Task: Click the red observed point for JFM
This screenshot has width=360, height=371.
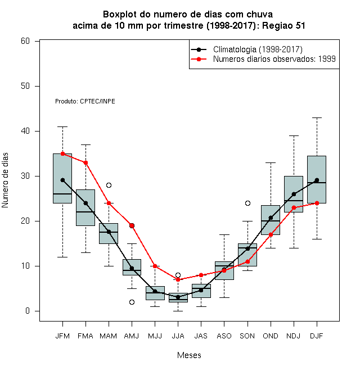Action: point(62,153)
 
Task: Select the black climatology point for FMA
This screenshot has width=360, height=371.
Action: point(85,203)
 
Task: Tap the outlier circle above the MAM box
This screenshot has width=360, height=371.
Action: point(109,185)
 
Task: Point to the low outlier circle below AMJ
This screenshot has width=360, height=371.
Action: point(132,302)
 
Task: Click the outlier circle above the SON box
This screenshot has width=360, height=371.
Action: point(247,203)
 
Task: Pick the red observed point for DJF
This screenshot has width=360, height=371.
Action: point(317,203)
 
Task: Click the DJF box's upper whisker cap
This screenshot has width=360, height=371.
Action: point(317,117)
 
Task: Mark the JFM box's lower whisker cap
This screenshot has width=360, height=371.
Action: point(62,257)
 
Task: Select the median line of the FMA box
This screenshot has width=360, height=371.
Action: point(85,212)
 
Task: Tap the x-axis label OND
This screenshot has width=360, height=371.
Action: point(271,336)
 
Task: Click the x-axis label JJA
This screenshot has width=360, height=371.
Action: point(178,336)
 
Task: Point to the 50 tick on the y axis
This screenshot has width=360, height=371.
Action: point(37,86)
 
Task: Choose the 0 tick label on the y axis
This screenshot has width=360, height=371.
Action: point(28,311)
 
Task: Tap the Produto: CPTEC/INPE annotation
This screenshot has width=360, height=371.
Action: point(85,101)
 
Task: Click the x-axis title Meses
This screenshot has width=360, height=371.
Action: point(189,355)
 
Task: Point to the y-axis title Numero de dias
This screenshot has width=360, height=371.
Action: point(5,180)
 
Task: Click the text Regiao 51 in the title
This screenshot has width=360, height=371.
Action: point(283,25)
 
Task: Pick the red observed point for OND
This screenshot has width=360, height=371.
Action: point(271,234)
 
